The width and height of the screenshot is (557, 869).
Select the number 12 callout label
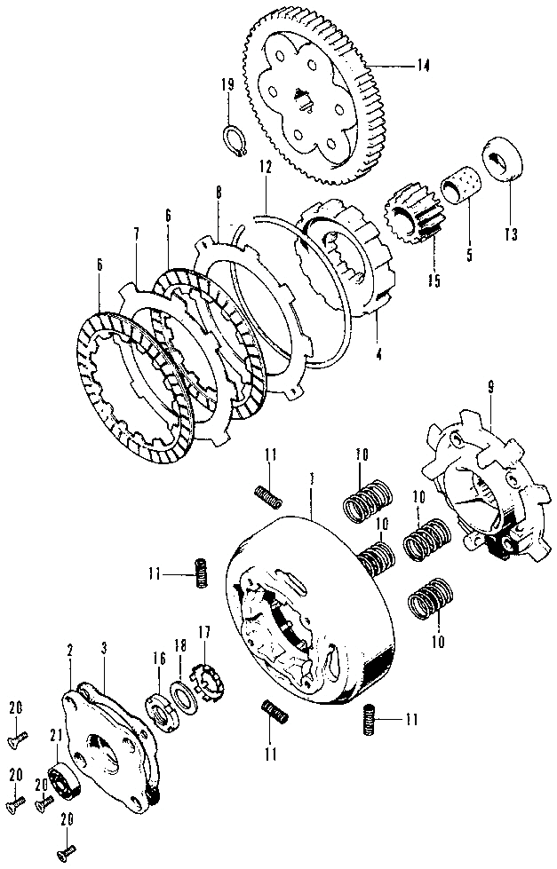click(266, 167)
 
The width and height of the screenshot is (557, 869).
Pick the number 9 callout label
click(489, 386)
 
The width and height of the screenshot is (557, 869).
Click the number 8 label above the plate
click(218, 191)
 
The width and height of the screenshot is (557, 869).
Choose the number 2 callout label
click(69, 651)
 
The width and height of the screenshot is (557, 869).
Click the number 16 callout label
click(160, 658)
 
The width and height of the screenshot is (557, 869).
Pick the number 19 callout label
click(227, 85)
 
